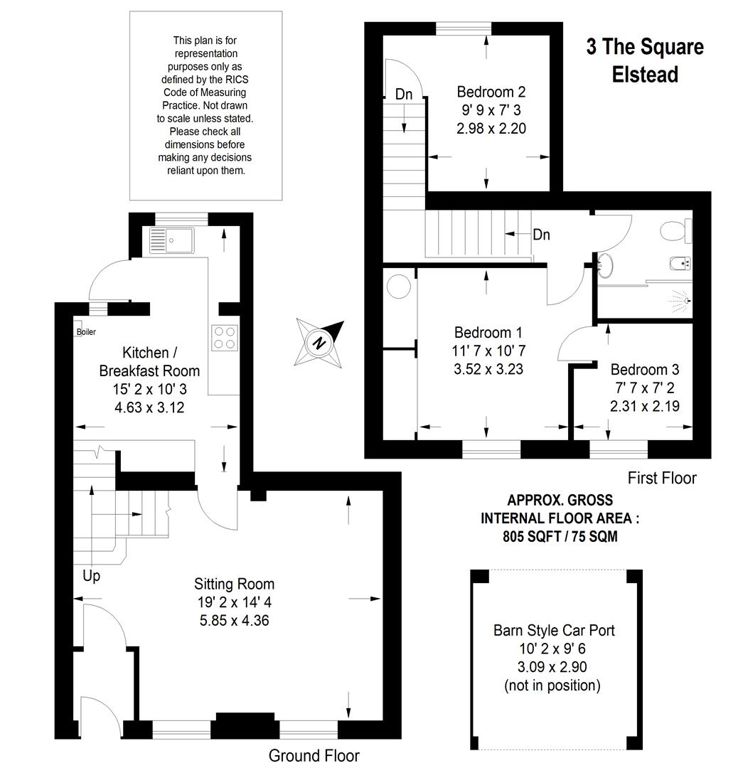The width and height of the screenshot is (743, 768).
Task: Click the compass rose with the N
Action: click(319, 342)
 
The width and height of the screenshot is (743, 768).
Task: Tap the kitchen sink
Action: click(172, 240)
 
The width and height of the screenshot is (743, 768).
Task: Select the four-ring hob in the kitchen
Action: click(225, 338)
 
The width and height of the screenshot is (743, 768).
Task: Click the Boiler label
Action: click(86, 331)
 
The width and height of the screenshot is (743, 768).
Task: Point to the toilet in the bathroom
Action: click(676, 230)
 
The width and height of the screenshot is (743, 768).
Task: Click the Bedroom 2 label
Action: click(491, 92)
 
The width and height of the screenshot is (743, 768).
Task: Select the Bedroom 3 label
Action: click(645, 369)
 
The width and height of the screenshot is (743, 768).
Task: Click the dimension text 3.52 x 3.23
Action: click(488, 369)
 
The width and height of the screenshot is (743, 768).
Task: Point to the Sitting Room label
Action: click(234, 584)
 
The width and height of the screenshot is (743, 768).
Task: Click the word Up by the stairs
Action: click(92, 576)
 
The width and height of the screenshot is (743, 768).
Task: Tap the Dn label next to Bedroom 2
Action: click(404, 94)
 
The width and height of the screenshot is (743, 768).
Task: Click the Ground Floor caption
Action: click(314, 756)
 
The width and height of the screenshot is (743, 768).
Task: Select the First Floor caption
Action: click(662, 478)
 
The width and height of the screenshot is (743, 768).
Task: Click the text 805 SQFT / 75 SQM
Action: click(560, 536)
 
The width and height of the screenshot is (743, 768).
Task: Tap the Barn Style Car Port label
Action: click(554, 630)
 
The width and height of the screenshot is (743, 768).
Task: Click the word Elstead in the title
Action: click(645, 75)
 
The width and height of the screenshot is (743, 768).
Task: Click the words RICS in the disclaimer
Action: click(238, 80)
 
